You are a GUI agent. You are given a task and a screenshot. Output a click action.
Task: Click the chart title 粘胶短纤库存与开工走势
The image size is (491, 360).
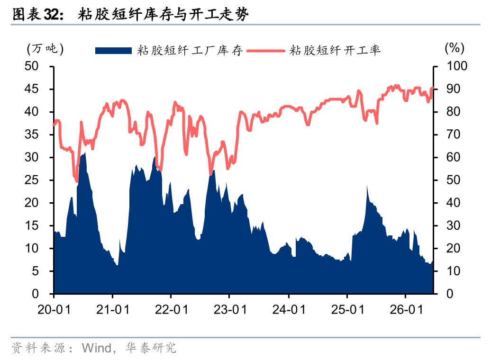click(163, 14)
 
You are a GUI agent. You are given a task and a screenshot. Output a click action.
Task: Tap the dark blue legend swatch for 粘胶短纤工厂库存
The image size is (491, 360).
click(113, 51)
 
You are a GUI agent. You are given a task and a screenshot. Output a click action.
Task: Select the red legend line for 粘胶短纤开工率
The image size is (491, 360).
click(265, 51)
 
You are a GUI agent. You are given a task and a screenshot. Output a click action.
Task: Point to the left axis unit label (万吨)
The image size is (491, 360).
click(45, 49)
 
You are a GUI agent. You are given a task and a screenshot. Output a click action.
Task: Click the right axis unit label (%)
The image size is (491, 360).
click(455, 48)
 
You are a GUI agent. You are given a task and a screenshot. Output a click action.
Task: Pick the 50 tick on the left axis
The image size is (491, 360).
click(31, 66)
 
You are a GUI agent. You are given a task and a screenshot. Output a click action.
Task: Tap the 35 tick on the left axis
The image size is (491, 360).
click(31, 135)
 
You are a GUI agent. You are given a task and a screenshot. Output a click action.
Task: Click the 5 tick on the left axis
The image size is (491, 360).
click(35, 271)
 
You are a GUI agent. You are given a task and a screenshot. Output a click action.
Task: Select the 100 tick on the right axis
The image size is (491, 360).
click(456, 66)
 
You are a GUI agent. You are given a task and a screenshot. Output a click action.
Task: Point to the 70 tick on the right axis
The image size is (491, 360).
click(453, 135)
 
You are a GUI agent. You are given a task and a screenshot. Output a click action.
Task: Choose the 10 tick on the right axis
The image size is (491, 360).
click(453, 271)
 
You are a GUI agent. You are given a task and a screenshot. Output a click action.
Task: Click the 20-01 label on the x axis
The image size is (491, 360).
click(54, 310)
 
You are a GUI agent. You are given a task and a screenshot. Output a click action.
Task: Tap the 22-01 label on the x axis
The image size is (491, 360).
click(171, 310)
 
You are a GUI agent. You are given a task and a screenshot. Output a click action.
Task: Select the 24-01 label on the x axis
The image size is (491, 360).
click(289, 310)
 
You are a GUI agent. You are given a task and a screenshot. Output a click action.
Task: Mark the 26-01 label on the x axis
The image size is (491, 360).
click(406, 310)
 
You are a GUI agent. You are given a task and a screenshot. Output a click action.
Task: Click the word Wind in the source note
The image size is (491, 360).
click(97, 348)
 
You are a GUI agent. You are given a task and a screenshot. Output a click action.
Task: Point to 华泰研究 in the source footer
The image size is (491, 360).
click(151, 348)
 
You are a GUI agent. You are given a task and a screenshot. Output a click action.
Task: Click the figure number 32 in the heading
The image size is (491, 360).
click(51, 14)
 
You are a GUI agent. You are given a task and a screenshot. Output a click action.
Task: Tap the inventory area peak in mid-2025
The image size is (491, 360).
click(367, 186)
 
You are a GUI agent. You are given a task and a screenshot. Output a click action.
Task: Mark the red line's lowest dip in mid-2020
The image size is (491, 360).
click(77, 181)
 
